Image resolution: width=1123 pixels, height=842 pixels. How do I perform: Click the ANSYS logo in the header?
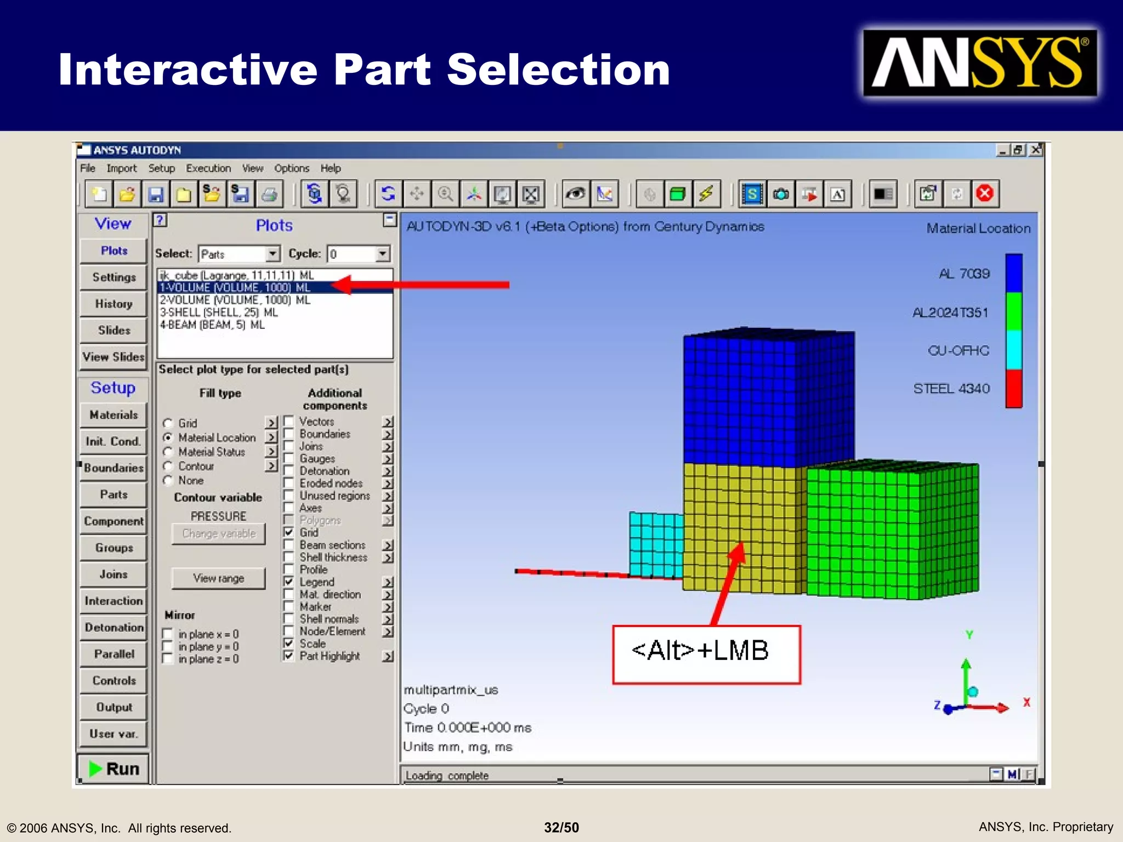(x=979, y=64)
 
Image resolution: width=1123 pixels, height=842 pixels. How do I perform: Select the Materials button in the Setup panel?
(x=114, y=415)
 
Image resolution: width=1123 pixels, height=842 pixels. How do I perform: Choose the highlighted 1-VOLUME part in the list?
(x=235, y=288)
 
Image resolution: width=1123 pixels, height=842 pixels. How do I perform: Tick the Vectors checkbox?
(x=288, y=422)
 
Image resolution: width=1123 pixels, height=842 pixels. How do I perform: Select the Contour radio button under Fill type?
(x=168, y=466)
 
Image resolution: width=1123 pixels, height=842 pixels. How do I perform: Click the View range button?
(x=218, y=578)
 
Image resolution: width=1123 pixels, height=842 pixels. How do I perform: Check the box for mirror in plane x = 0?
(x=168, y=634)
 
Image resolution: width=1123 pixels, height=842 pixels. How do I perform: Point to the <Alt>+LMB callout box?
(x=706, y=654)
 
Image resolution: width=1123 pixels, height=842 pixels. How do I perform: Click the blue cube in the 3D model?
(x=768, y=397)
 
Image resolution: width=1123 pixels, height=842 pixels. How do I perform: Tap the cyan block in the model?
(x=656, y=544)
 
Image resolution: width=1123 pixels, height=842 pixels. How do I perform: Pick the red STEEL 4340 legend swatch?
(x=1013, y=389)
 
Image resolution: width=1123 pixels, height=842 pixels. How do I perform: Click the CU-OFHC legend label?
(x=958, y=351)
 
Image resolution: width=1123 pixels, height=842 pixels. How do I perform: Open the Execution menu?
(x=208, y=168)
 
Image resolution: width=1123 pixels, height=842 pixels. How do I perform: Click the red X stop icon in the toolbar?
(x=985, y=194)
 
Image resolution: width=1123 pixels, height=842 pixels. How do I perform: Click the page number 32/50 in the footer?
(x=561, y=827)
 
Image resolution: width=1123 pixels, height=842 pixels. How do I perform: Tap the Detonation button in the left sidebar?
(x=114, y=628)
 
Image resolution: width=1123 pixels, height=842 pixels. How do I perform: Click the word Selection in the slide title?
(x=558, y=70)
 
